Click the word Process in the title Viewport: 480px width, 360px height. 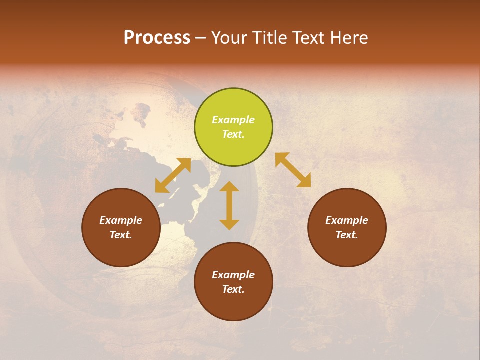(157, 38)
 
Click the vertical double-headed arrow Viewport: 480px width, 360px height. (229, 205)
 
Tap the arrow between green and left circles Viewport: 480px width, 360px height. (173, 175)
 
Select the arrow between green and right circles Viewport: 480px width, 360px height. (293, 170)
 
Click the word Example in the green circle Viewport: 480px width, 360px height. (233, 120)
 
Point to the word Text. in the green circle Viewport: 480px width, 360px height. (233, 134)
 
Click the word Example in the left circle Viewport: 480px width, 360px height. (121, 220)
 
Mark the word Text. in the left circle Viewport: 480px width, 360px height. (121, 235)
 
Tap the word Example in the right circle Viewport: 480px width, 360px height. (347, 220)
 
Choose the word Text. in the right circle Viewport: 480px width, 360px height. (347, 235)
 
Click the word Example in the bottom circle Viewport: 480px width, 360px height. (233, 275)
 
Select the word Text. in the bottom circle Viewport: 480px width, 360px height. (233, 289)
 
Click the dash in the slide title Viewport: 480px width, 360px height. (201, 38)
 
